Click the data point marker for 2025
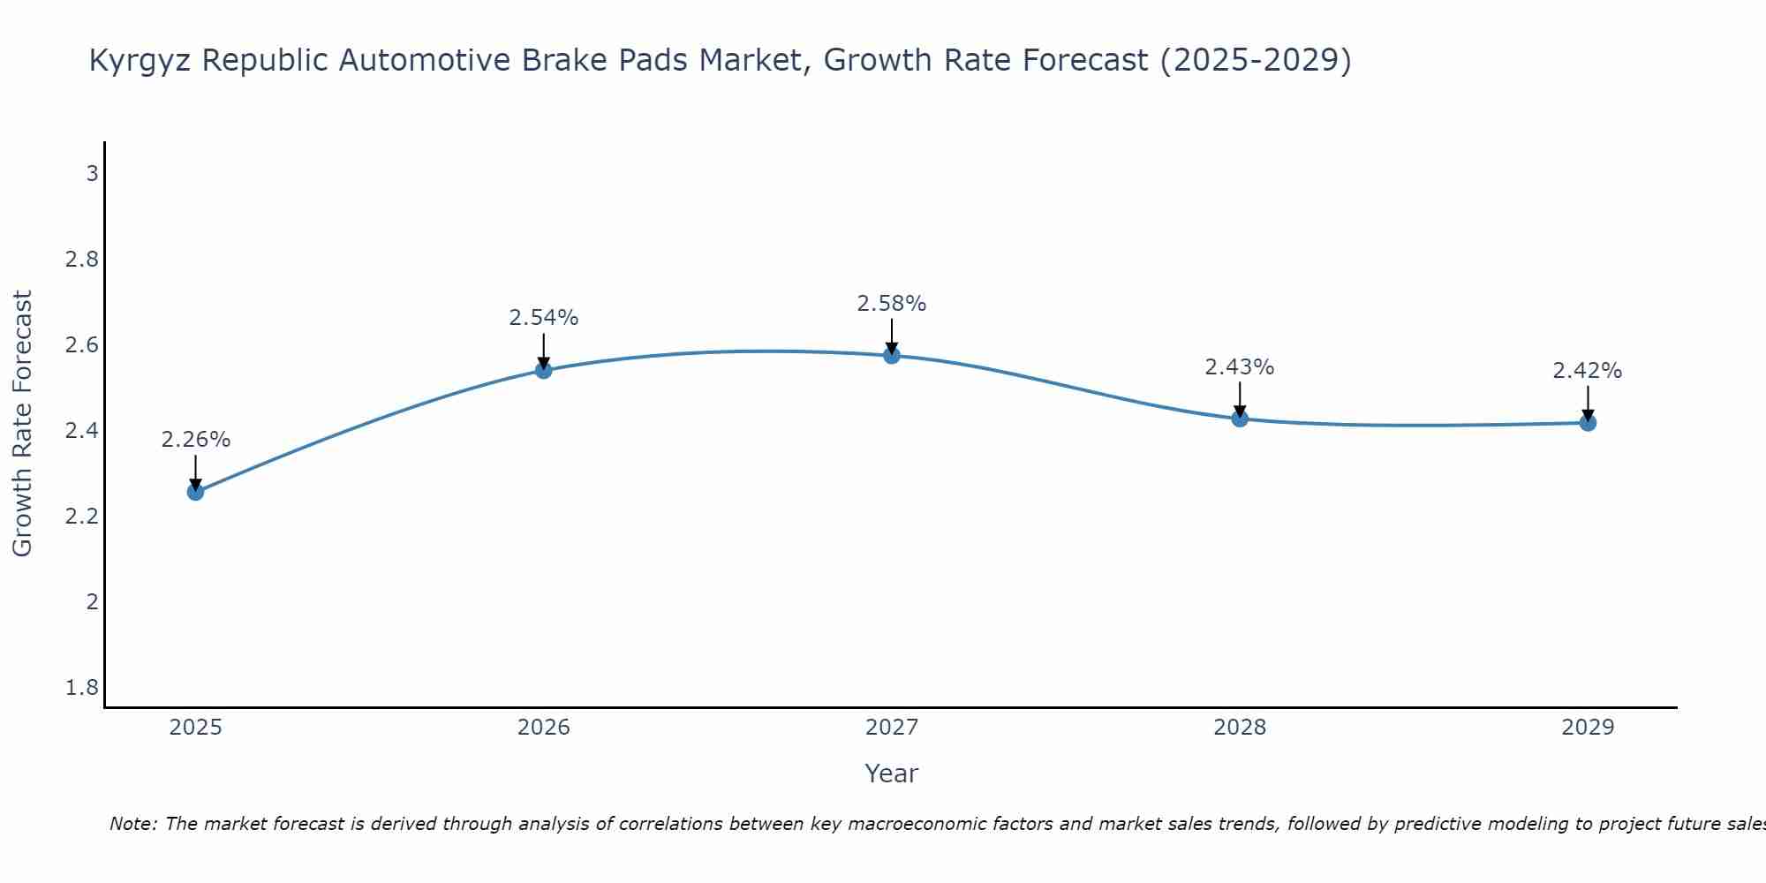(x=196, y=492)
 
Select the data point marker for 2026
(x=544, y=370)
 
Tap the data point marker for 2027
(x=892, y=355)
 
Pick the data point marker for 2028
(x=1240, y=419)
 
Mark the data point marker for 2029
(x=1588, y=423)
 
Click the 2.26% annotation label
(x=196, y=440)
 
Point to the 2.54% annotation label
(x=544, y=318)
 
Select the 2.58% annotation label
(x=892, y=304)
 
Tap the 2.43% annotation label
(x=1240, y=367)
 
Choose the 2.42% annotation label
(x=1588, y=371)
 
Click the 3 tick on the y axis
(x=92, y=174)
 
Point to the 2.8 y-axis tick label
(x=82, y=260)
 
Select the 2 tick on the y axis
(x=92, y=602)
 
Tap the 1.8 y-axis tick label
(x=82, y=688)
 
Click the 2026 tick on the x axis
(x=544, y=728)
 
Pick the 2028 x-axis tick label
(x=1240, y=728)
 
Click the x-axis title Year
(x=892, y=774)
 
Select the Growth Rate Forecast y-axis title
(x=23, y=424)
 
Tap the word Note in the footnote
(x=132, y=824)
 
